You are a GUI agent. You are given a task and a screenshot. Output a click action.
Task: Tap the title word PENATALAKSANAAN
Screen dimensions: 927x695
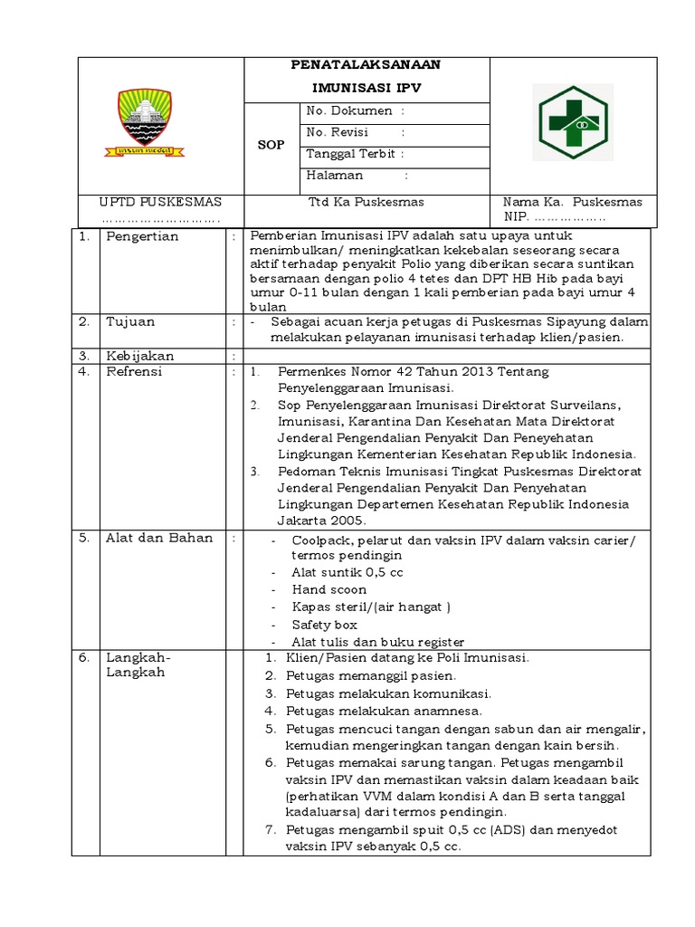click(366, 65)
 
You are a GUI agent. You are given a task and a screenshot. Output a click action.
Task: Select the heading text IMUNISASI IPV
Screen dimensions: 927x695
click(367, 88)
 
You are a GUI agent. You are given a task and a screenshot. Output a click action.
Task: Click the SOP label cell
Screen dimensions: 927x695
click(271, 145)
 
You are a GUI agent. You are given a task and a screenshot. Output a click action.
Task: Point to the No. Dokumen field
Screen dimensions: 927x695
click(356, 111)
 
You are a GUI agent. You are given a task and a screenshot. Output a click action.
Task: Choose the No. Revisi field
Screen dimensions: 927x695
click(356, 132)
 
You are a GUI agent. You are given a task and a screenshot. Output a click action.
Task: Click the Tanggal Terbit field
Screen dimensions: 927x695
click(356, 154)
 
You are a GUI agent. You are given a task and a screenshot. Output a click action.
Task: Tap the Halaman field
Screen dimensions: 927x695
click(356, 176)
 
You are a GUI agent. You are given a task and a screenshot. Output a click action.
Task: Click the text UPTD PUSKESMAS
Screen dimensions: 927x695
click(160, 202)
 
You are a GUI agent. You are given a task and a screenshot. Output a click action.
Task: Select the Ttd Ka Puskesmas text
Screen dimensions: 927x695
click(366, 202)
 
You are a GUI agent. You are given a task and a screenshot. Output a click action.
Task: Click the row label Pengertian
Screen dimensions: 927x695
click(142, 236)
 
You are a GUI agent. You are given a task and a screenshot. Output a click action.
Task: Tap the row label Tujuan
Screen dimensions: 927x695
click(130, 321)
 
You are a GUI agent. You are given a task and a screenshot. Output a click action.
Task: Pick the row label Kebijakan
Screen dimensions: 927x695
click(139, 356)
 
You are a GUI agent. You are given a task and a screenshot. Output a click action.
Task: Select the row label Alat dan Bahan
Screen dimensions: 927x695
click(159, 538)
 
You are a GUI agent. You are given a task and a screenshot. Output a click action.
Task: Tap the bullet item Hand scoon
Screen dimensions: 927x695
click(328, 589)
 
